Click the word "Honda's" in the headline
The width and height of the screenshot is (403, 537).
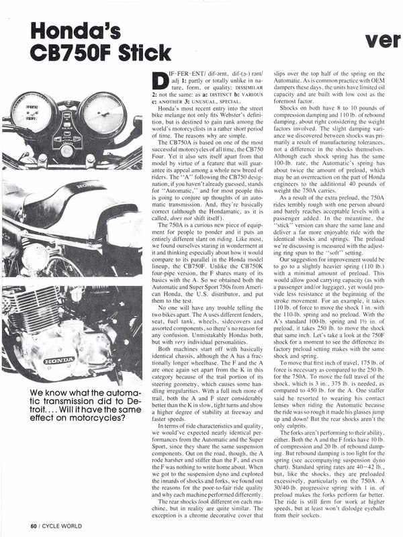61,30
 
